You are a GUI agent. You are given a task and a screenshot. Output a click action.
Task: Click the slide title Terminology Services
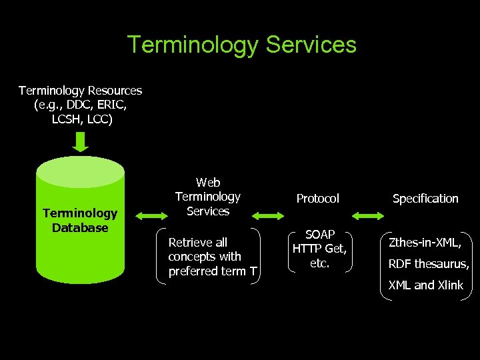point(241,45)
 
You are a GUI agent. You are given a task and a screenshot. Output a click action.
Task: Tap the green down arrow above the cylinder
point(81,142)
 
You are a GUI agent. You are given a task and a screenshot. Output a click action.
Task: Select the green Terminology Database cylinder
point(80,220)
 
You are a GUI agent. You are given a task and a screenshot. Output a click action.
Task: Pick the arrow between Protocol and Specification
point(368,215)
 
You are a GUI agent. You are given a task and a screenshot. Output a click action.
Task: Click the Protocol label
point(317,199)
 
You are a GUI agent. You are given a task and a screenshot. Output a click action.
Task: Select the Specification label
point(425,199)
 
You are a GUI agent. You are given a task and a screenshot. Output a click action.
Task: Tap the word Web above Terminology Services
point(208,182)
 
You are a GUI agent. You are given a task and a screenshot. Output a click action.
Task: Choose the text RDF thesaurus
point(429,264)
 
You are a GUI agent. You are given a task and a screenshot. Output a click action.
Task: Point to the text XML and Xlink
point(425,285)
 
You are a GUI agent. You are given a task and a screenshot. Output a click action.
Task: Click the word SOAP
point(319,235)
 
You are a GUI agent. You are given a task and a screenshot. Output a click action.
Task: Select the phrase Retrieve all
point(198,242)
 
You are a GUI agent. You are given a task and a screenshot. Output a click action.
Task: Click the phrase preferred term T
point(212,271)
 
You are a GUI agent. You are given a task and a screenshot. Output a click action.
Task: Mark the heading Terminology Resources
point(80,90)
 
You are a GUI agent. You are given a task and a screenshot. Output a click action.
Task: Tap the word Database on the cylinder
point(80,228)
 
